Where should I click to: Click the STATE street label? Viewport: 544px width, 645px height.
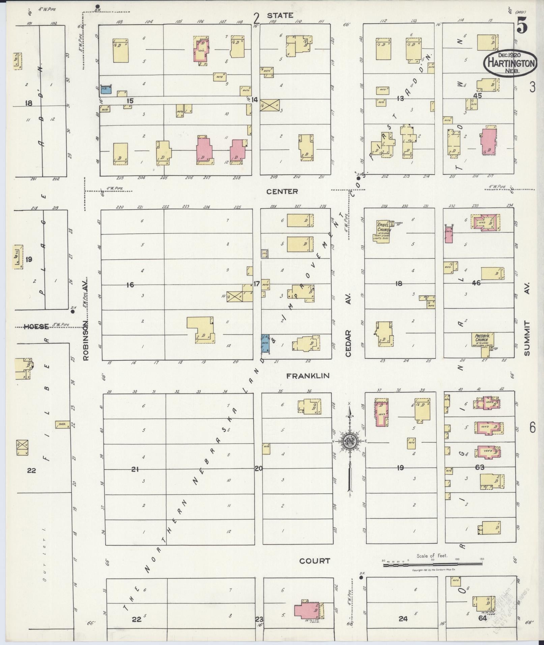pyautogui.click(x=280, y=16)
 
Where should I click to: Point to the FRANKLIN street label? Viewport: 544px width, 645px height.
pyautogui.click(x=308, y=376)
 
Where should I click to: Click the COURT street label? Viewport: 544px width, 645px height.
pyautogui.click(x=315, y=561)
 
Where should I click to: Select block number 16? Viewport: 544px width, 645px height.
pyautogui.click(x=130, y=285)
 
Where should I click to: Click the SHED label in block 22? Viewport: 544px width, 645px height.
pyautogui.click(x=62, y=424)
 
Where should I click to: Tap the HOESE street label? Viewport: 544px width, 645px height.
pyautogui.click(x=36, y=326)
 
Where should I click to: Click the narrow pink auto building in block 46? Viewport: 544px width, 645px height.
pyautogui.click(x=448, y=235)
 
